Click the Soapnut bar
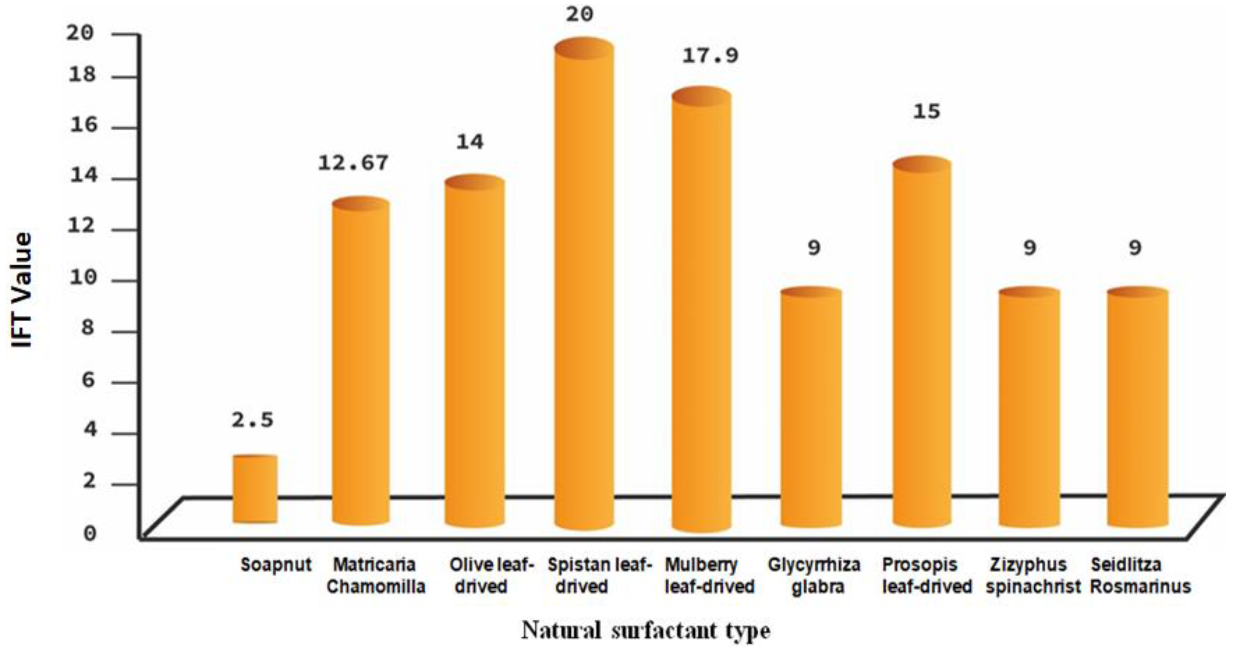[x=255, y=489]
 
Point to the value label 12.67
[x=353, y=164]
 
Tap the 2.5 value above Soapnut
[x=253, y=421]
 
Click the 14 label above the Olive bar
[x=470, y=142]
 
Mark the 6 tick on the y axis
[x=89, y=380]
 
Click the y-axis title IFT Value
[x=21, y=290]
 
